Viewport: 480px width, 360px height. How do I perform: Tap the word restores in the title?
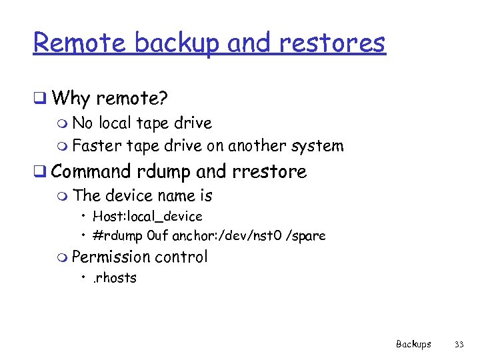331,43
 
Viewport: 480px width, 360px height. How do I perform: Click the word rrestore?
269,172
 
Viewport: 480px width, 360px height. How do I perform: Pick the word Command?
91,171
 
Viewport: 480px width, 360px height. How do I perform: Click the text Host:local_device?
147,217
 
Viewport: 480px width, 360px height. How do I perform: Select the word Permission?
111,257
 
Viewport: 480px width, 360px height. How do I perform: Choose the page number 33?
459,345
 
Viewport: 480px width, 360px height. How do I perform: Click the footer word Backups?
413,345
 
